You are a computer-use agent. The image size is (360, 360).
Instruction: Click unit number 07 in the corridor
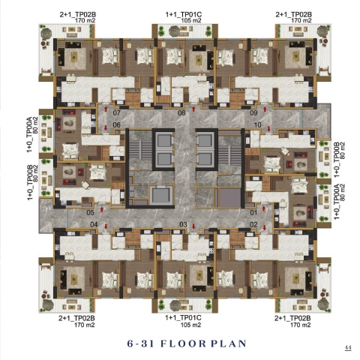click(x=117, y=112)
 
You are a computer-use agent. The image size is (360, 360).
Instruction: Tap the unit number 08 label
click(x=181, y=112)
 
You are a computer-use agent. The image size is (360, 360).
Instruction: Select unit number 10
click(x=258, y=124)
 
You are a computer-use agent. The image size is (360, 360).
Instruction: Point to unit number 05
click(x=90, y=213)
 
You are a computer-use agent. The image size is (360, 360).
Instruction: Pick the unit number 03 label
click(x=183, y=224)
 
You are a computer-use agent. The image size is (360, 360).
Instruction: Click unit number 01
click(x=253, y=213)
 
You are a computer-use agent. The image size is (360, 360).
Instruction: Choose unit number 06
click(x=117, y=124)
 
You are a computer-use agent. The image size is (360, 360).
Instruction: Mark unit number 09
click(x=253, y=112)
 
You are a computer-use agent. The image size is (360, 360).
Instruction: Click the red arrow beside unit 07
click(x=106, y=109)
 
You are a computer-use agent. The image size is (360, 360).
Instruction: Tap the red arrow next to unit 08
click(x=193, y=109)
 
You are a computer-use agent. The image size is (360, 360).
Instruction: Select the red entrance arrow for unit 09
click(x=265, y=109)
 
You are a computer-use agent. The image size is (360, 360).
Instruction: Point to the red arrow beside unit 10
click(x=268, y=129)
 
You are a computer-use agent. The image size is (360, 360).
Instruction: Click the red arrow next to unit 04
click(x=106, y=226)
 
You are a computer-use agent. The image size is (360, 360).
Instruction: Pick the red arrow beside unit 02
click(x=265, y=227)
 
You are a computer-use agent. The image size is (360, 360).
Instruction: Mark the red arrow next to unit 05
click(x=102, y=209)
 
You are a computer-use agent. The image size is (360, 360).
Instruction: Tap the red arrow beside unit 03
click(x=193, y=226)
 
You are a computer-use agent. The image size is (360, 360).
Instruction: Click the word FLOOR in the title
click(x=183, y=343)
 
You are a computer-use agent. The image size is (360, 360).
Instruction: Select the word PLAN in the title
click(x=229, y=343)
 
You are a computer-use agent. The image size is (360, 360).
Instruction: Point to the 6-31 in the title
click(x=140, y=343)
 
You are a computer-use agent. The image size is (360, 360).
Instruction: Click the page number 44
click(x=348, y=348)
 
